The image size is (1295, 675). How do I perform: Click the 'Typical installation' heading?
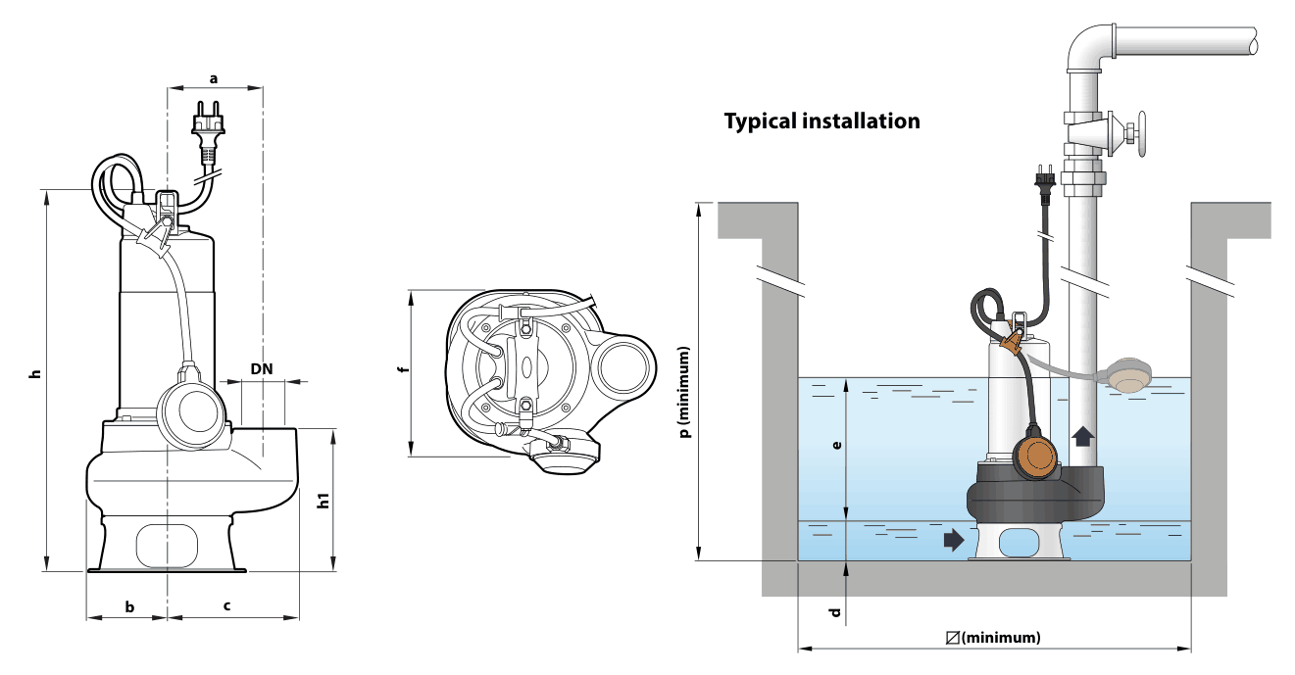[822, 121]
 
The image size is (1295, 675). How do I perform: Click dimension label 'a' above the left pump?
[214, 78]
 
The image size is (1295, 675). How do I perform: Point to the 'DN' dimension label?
[262, 368]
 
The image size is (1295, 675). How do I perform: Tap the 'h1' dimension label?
[324, 501]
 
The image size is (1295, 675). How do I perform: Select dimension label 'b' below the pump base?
[130, 606]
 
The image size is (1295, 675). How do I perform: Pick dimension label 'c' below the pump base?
[227, 605]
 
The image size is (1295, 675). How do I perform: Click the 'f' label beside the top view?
[404, 369]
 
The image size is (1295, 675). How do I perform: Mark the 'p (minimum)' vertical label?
[685, 393]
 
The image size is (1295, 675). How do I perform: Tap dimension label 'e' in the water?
[836, 445]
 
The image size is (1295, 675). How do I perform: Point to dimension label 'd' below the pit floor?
[835, 612]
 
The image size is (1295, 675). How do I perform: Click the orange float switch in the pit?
[1035, 457]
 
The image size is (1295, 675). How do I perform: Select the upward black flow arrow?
[1082, 436]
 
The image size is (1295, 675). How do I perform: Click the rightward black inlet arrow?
[954, 541]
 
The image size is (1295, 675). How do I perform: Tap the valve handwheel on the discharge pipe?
[1141, 134]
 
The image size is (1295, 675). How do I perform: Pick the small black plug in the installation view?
[1045, 184]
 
